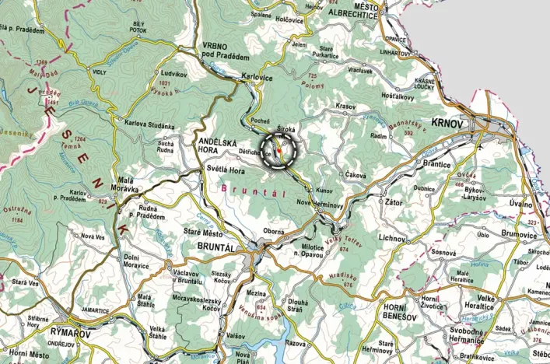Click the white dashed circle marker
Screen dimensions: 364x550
[x=279, y=150]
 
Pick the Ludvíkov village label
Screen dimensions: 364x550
[x=174, y=74]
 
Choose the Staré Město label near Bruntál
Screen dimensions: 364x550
[x=201, y=231]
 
